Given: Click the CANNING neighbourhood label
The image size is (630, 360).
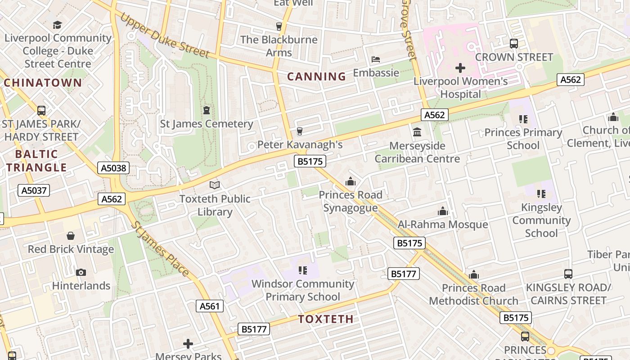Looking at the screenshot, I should coord(316,76).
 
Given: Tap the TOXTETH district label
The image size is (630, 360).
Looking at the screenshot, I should coord(325,319).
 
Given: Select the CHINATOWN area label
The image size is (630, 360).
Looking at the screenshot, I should coord(43,83).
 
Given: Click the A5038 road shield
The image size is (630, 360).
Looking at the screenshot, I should coord(114,168).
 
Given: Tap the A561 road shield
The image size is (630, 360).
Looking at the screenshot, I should coord(210,306).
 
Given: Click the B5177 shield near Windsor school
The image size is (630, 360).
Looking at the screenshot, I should coord(404,274).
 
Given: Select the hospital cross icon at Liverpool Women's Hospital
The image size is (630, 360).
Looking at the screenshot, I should coord(460,68).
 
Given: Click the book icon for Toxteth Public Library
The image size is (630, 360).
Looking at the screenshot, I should coord(215,185).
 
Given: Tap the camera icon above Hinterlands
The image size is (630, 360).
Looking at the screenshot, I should coord(81,272).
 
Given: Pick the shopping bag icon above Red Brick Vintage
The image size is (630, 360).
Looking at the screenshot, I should coord(71,236).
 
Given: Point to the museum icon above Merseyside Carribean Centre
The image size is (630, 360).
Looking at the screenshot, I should coord(417,132).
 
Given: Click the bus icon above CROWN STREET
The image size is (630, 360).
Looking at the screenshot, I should coord(514,44).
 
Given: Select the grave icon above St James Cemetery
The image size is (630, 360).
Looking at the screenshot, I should coord(207,110).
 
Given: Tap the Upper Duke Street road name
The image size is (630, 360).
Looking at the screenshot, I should coord(165,35).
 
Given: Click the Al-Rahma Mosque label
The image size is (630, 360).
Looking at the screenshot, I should coord(443,224).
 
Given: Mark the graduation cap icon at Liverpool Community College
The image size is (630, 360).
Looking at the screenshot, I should coord(57,25).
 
